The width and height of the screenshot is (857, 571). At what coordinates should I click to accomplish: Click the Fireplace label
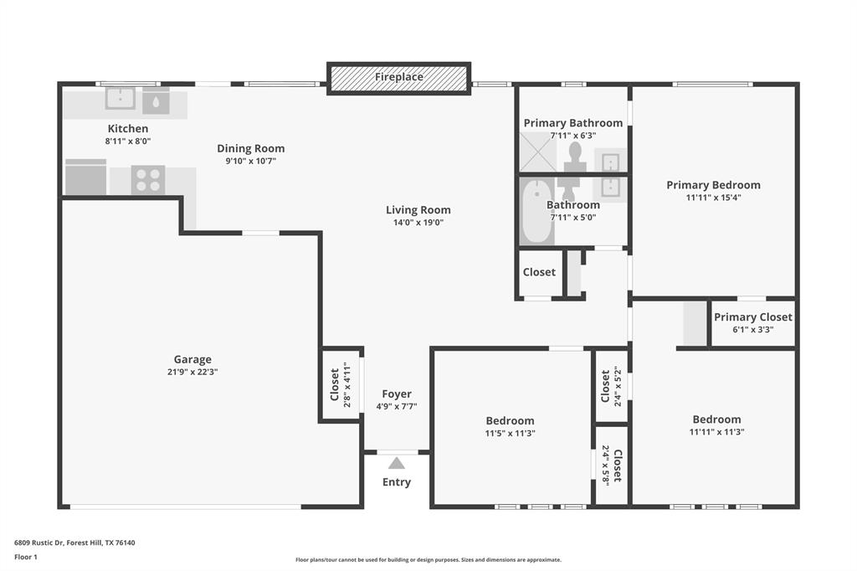[398, 77]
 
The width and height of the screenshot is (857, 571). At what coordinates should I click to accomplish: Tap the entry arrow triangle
[397, 463]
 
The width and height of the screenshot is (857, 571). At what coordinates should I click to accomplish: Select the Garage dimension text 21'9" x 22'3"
[192, 372]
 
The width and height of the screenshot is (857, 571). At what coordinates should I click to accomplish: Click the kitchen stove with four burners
[148, 179]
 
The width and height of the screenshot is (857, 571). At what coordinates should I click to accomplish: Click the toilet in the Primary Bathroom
[575, 154]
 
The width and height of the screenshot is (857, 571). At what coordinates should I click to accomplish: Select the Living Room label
[418, 210]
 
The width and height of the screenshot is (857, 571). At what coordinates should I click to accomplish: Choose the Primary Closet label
[753, 317]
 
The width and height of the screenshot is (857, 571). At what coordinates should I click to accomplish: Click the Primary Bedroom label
[713, 185]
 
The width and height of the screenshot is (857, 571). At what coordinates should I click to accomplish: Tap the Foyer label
[397, 394]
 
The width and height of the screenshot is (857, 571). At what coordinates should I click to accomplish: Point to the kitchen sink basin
[121, 99]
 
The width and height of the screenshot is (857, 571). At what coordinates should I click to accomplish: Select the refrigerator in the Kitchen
[85, 177]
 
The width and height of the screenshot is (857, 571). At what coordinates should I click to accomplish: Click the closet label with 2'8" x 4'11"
[335, 384]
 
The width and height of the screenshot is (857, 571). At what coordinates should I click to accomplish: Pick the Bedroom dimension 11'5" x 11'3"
[510, 434]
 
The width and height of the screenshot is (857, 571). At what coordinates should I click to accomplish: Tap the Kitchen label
[128, 129]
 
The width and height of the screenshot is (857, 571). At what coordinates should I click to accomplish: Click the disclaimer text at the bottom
[428, 560]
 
